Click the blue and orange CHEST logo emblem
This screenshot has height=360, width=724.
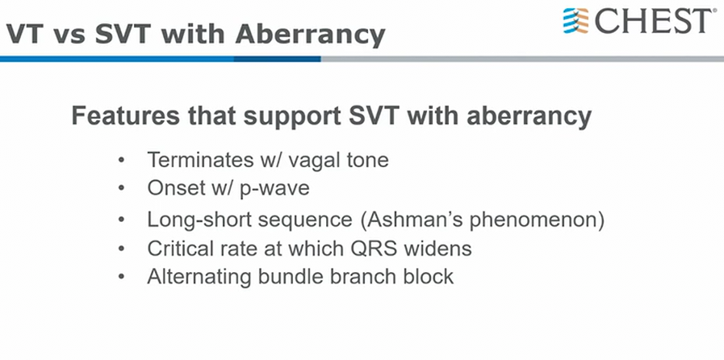[575, 21]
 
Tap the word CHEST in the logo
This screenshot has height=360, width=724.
[653, 21]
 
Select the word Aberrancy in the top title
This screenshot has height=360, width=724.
[310, 35]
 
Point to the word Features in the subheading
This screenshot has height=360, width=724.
[126, 115]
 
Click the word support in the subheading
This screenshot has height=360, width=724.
[293, 117]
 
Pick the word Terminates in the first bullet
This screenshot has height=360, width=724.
[201, 160]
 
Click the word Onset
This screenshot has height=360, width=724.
[176, 188]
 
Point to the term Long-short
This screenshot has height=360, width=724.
[200, 220]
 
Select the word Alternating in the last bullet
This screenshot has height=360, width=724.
[199, 278]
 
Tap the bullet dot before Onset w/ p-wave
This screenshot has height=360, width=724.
[121, 188]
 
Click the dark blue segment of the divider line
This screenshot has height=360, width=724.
[277, 59]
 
